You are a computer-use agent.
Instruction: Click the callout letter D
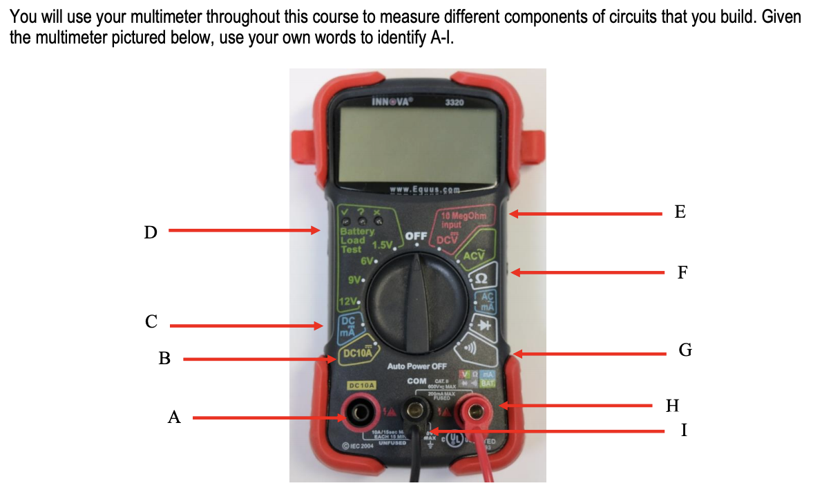tap(150, 232)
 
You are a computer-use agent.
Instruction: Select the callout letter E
tap(680, 212)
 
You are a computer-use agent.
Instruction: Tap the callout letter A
tap(174, 417)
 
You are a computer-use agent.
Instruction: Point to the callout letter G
tap(685, 350)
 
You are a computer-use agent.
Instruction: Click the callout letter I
tap(683, 431)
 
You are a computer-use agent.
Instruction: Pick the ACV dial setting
tap(475, 256)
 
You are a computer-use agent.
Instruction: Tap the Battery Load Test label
tap(356, 239)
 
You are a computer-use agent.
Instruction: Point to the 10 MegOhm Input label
tap(463, 219)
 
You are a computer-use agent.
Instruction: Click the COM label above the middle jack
tap(417, 381)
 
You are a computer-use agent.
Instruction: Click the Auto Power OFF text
tap(417, 366)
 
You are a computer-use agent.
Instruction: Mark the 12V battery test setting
tap(349, 302)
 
